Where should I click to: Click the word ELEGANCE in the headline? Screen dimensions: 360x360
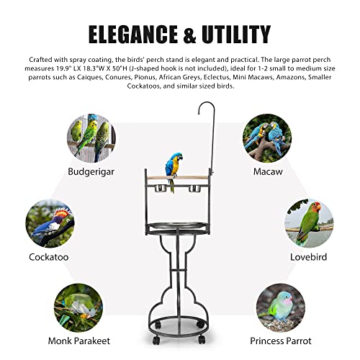point(133,34)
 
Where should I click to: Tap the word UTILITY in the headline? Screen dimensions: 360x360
point(236,34)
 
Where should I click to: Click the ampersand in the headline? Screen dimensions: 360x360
point(189,35)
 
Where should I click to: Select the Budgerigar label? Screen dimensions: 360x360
point(91,172)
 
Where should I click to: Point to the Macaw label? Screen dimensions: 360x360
point(268,171)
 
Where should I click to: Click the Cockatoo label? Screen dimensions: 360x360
point(49,257)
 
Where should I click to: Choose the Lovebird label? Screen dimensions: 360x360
point(308,257)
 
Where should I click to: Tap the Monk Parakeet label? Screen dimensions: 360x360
point(79,341)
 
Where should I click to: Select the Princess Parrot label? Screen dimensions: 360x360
point(281,341)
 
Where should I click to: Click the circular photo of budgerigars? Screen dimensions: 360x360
point(91,138)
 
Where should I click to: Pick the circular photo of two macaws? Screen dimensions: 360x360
point(267,138)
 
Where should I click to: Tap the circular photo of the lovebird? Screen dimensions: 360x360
point(309,223)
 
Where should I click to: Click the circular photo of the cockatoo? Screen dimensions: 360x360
point(50,223)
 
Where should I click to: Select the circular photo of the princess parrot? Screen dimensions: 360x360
point(281,308)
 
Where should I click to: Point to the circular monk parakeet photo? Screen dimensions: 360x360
point(78,308)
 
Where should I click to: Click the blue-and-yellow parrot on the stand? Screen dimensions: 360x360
point(174,171)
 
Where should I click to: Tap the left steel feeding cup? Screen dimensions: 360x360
point(161,188)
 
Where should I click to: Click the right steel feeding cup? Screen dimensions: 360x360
point(194,188)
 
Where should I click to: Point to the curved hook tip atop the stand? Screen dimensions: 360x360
point(199,114)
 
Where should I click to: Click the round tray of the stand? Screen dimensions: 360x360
point(177,227)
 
